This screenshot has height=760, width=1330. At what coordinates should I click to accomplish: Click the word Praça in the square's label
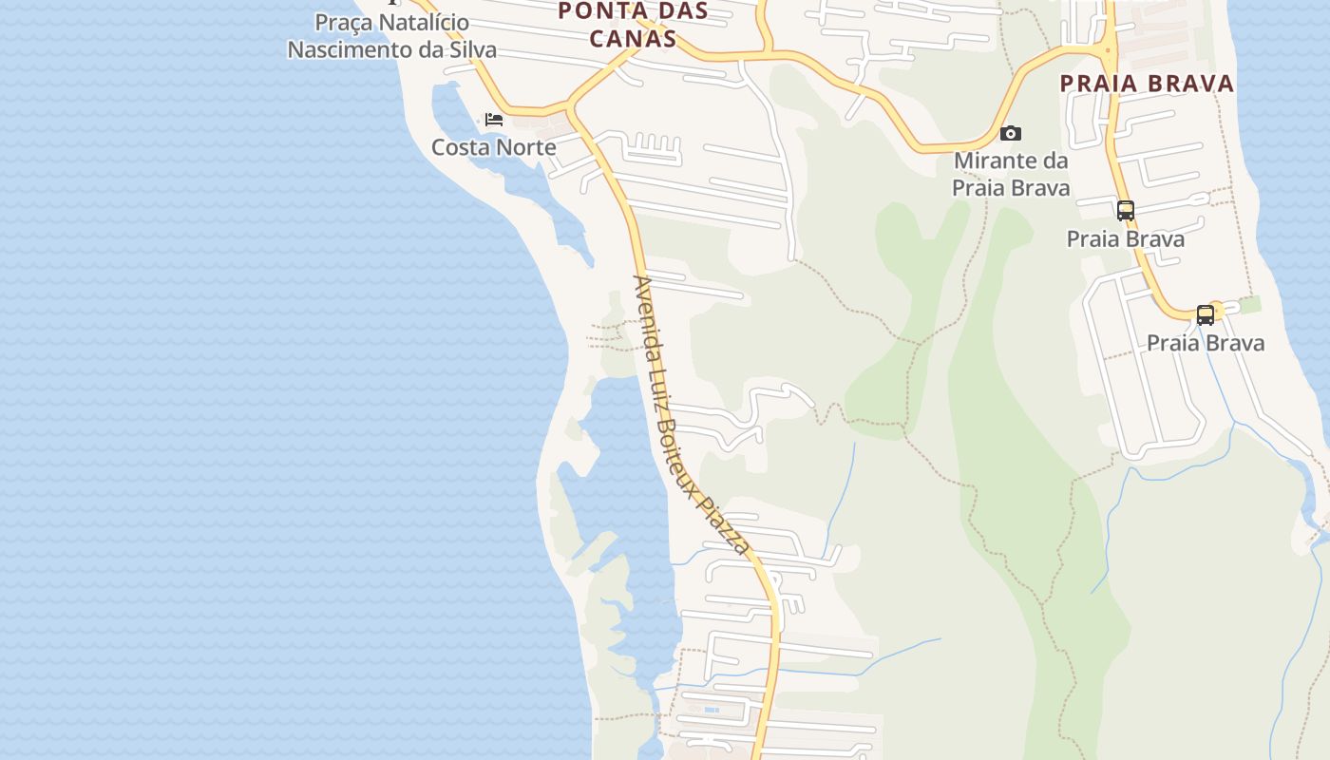point(344,22)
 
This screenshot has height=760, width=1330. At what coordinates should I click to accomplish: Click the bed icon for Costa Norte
point(494,120)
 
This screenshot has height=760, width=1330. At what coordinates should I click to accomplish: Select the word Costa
point(462,147)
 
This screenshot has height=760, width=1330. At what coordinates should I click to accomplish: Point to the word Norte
point(526,147)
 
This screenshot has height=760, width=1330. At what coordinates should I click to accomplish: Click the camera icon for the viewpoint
point(1011,134)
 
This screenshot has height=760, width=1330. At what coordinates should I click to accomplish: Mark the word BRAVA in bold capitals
point(1191,84)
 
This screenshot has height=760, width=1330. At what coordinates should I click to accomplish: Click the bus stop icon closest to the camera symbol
point(1126,211)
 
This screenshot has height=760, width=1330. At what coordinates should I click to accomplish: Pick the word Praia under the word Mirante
point(978,188)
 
